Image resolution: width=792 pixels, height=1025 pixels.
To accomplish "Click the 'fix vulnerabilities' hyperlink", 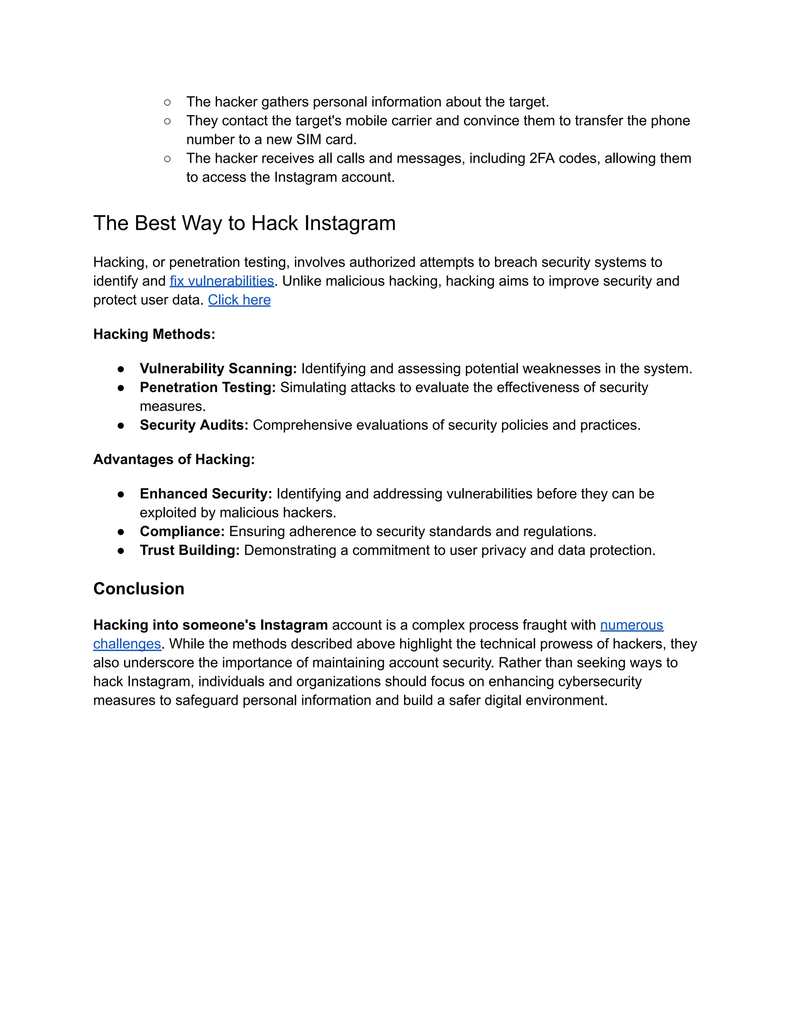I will (x=222, y=281).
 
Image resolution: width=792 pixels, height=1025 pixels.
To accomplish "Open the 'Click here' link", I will (x=239, y=299).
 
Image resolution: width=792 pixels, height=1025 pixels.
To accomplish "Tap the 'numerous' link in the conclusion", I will (x=632, y=625).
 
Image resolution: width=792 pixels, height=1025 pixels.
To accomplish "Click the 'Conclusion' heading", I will (x=139, y=589).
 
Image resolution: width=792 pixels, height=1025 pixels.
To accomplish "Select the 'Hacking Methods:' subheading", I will (x=154, y=334).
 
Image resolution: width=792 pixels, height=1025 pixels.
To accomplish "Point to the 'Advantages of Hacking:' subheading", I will (x=174, y=459).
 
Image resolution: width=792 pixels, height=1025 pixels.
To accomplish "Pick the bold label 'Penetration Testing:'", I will (x=208, y=387).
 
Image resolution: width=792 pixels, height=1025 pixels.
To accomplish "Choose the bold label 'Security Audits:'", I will (x=194, y=425).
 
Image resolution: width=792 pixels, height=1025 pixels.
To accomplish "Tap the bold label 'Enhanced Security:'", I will (x=206, y=494).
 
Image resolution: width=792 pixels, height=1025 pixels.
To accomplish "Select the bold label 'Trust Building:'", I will (x=190, y=550).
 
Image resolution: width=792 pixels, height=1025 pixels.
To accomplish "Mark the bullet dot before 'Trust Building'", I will (x=121, y=550).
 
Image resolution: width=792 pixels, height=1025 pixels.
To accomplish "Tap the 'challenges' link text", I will (x=127, y=644).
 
